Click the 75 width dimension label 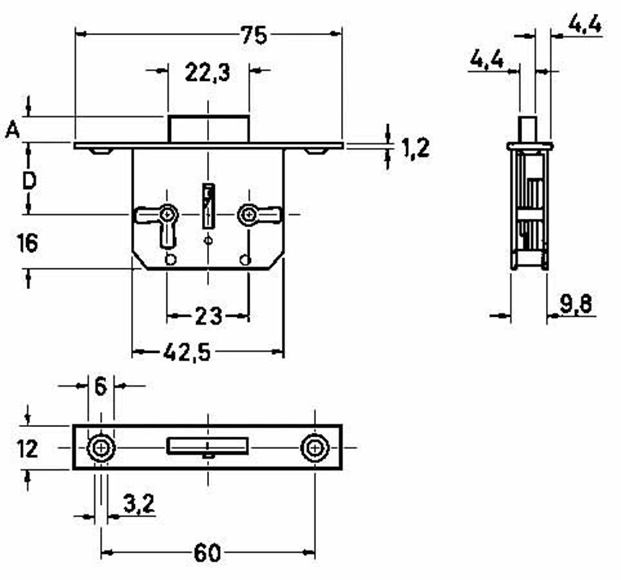coord(254,35)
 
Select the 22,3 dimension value coord(207,73)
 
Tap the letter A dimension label coord(12,129)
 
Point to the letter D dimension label coord(29,181)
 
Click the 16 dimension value coord(27,243)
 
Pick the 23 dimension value coord(209,316)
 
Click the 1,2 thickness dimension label coord(415,148)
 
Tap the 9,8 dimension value coord(576,304)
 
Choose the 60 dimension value coord(207,553)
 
